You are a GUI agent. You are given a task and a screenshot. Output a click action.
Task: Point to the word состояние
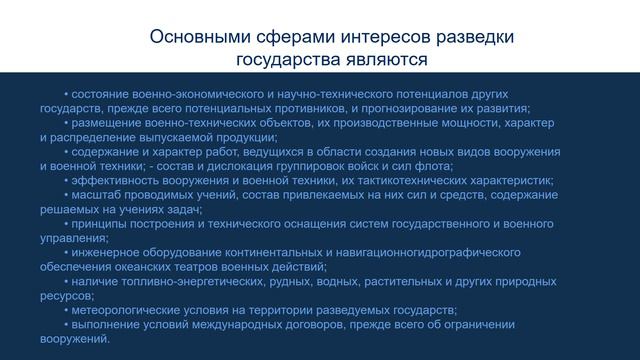102,93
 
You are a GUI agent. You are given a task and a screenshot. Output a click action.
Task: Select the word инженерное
105,253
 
